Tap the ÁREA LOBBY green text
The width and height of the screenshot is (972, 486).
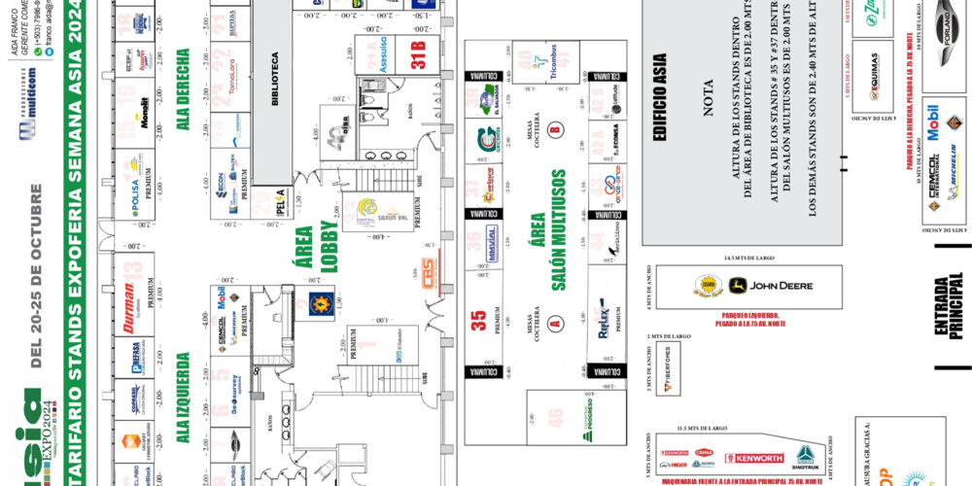click(312, 247)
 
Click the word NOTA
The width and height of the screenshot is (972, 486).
click(707, 98)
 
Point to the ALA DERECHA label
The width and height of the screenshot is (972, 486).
click(182, 87)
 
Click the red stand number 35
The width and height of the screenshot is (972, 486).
click(478, 321)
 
